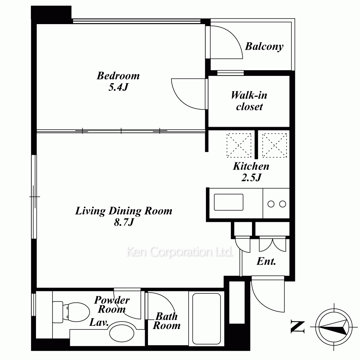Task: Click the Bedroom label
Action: click(118, 76)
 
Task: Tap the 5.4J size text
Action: click(118, 87)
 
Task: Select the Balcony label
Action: click(264, 46)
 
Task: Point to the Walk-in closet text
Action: click(249, 101)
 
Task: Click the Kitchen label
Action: click(251, 166)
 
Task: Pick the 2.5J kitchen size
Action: click(251, 177)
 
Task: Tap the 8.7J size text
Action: click(124, 222)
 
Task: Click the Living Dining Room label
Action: click(124, 211)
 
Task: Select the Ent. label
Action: click(266, 261)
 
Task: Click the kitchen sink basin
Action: click(229, 202)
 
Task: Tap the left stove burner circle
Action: click(271, 204)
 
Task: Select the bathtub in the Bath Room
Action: click(207, 319)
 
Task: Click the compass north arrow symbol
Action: click(334, 327)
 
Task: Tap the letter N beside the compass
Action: click(298, 327)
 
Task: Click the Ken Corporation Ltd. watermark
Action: click(180, 252)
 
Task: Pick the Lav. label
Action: click(99, 322)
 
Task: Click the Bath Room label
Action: click(167, 321)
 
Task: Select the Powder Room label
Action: click(112, 305)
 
